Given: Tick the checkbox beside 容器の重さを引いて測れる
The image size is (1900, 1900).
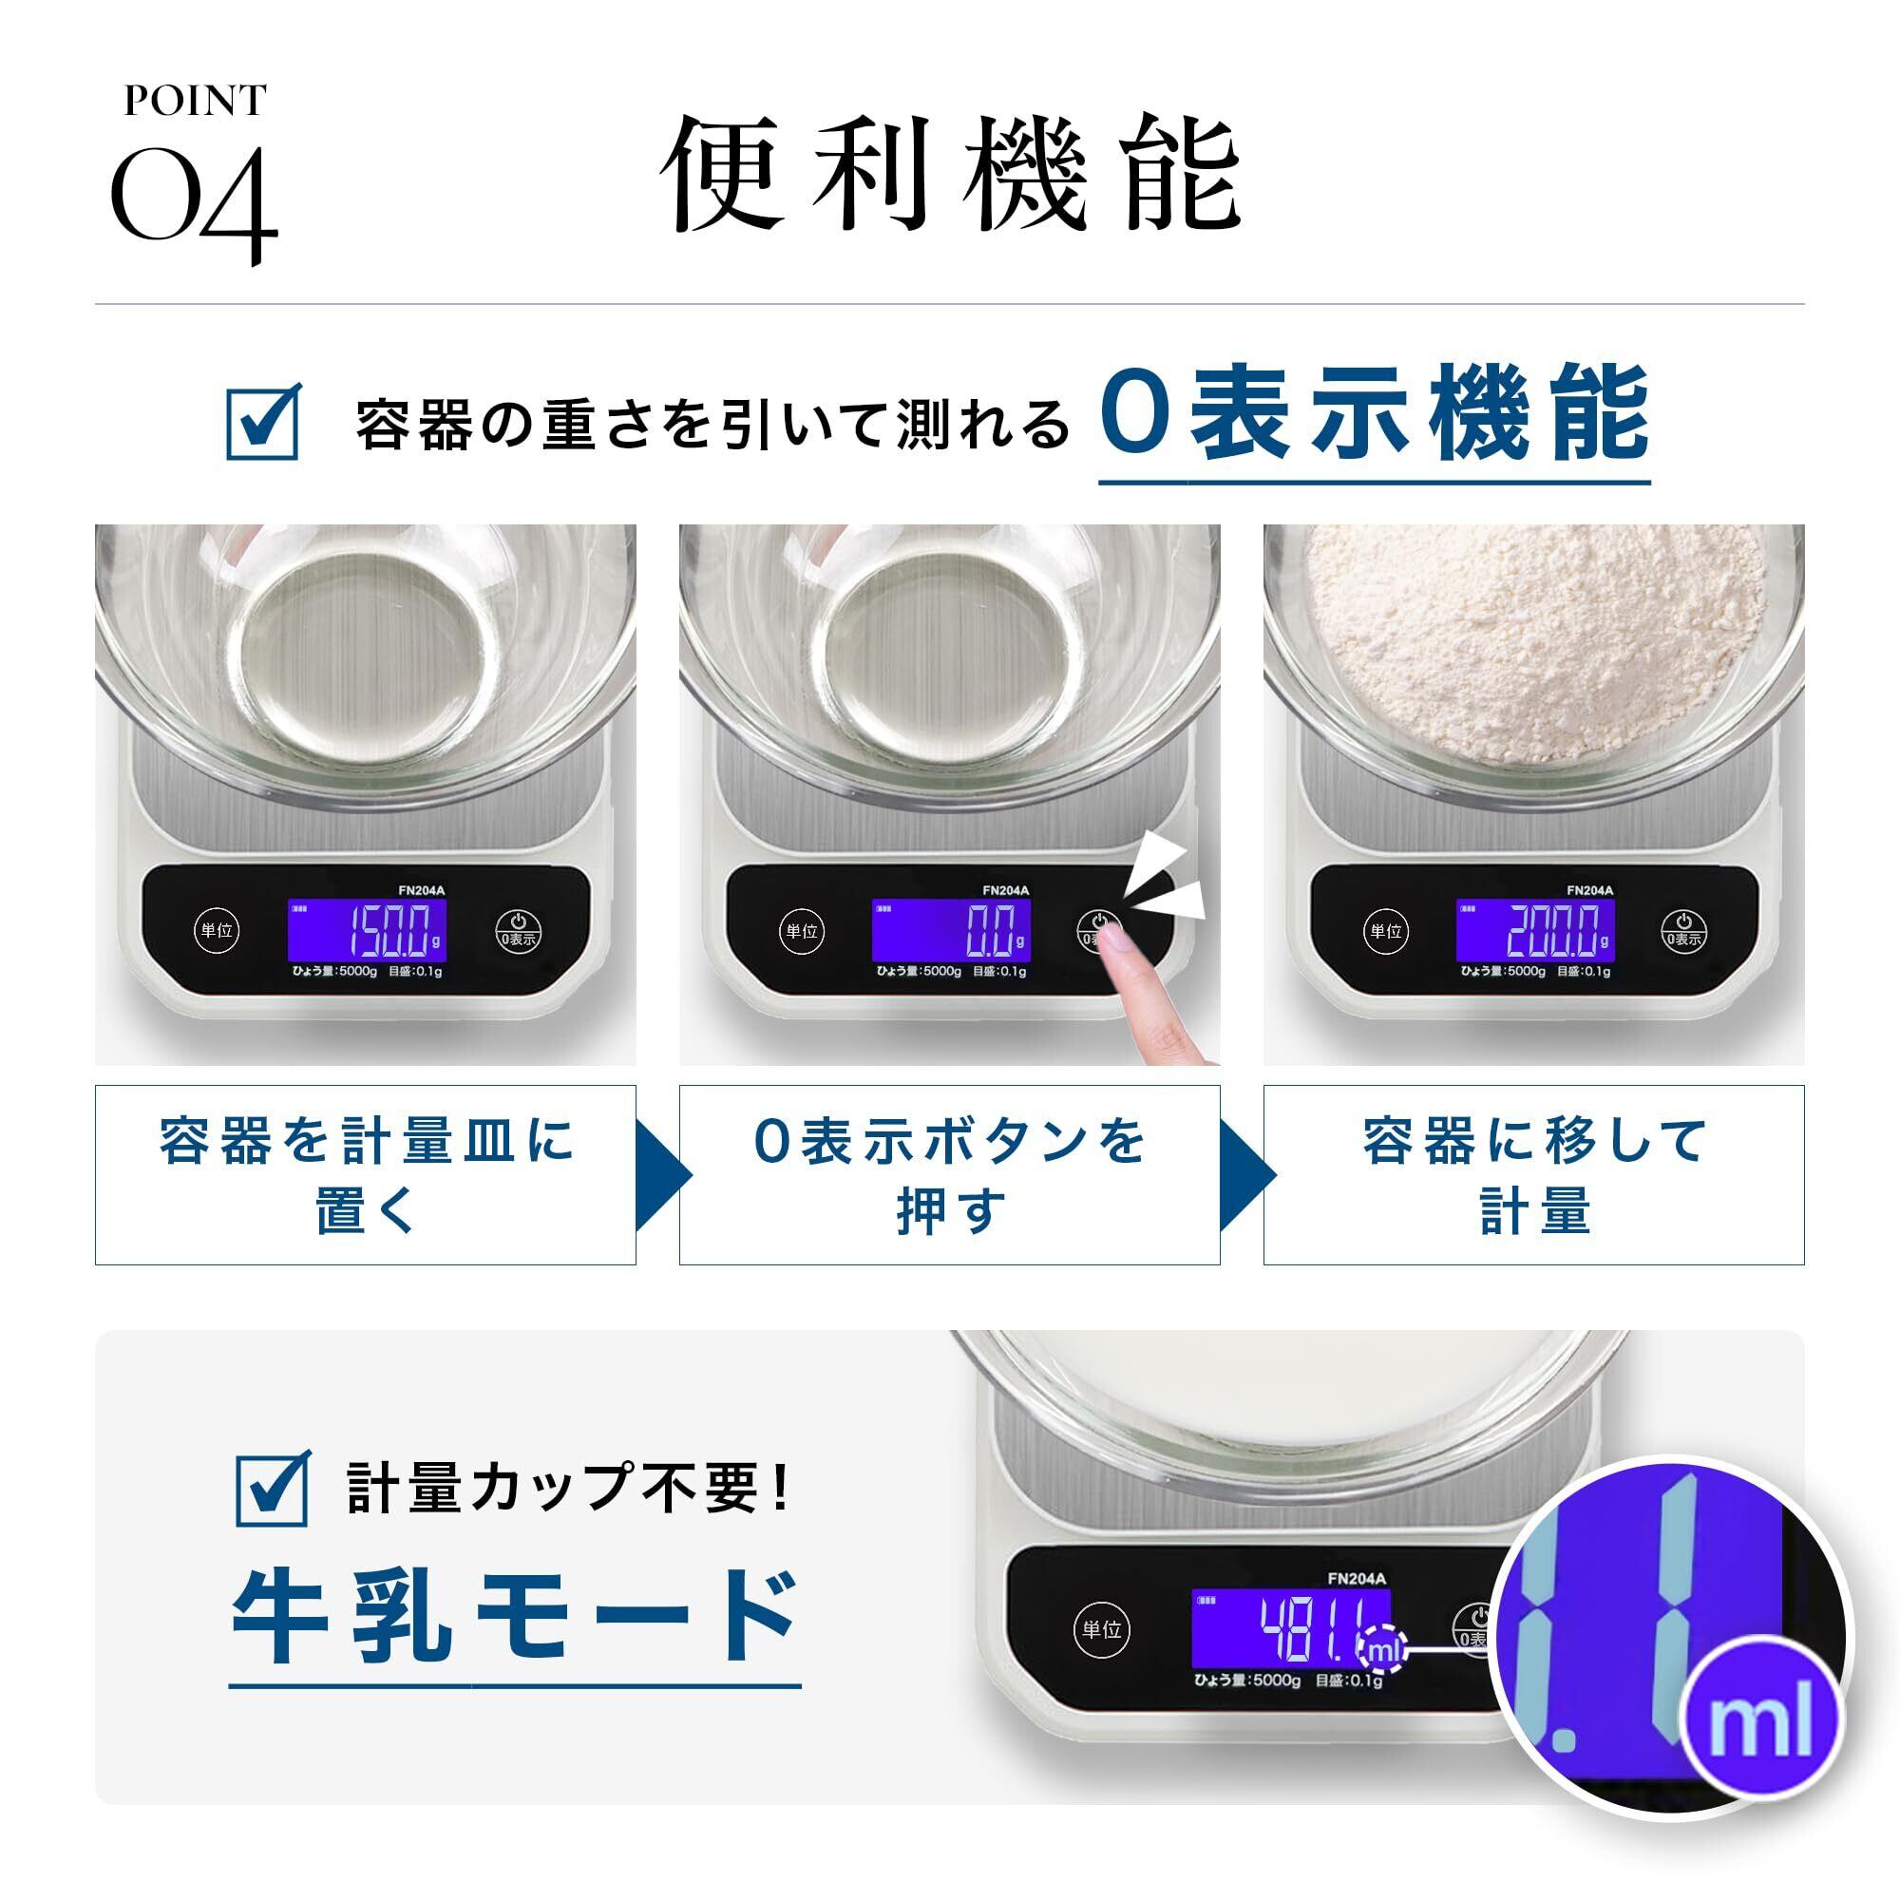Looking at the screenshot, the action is [263, 421].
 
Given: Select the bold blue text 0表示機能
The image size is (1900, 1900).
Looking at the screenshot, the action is [1374, 413].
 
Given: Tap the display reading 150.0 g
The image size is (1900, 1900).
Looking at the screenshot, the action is [367, 930].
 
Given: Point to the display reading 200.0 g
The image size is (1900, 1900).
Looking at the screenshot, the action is [1535, 930].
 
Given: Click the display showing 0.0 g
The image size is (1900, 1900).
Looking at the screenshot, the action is [951, 930].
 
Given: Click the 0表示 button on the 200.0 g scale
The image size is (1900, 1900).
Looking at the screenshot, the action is [1682, 930].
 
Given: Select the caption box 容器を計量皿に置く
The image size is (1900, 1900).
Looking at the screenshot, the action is [366, 1174].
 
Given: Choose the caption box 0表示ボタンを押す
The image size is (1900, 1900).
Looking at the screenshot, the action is [950, 1174].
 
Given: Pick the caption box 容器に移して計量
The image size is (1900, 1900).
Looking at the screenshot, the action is [1534, 1174].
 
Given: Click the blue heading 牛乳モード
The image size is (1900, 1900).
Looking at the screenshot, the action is [514, 1616].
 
